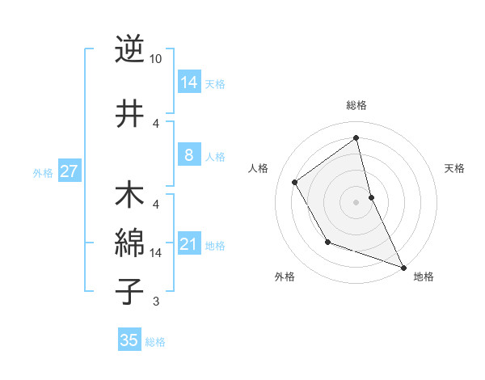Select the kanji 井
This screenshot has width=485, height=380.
tap(129, 114)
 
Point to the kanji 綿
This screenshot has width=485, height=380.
tap(129, 242)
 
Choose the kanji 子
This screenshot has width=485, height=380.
tap(129, 290)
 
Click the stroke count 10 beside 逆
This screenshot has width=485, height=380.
tap(156, 59)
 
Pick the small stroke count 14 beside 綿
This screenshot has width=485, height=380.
tap(156, 252)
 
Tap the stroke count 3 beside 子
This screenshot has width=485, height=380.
tap(156, 302)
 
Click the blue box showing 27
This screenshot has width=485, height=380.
tap(69, 171)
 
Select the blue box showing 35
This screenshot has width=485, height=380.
tap(129, 340)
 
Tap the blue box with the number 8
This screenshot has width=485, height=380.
tap(188, 155)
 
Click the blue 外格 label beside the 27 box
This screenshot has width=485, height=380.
tap(43, 172)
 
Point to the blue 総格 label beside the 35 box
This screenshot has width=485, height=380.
tap(155, 342)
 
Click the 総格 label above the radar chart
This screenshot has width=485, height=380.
tap(356, 106)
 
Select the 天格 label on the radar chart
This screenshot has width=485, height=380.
tap(455, 168)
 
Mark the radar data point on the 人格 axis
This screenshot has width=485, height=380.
tap(295, 182)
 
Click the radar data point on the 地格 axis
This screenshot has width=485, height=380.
tap(403, 267)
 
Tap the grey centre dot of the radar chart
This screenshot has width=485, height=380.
tap(356, 201)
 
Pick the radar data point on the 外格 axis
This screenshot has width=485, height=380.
tap(327, 241)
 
